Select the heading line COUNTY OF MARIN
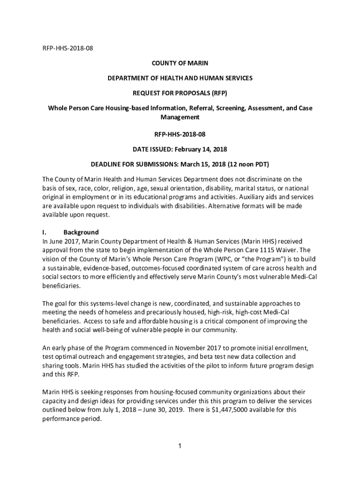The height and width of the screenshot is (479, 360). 180,63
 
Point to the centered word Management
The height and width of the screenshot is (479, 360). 180,117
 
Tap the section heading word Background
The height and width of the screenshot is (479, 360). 81,232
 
